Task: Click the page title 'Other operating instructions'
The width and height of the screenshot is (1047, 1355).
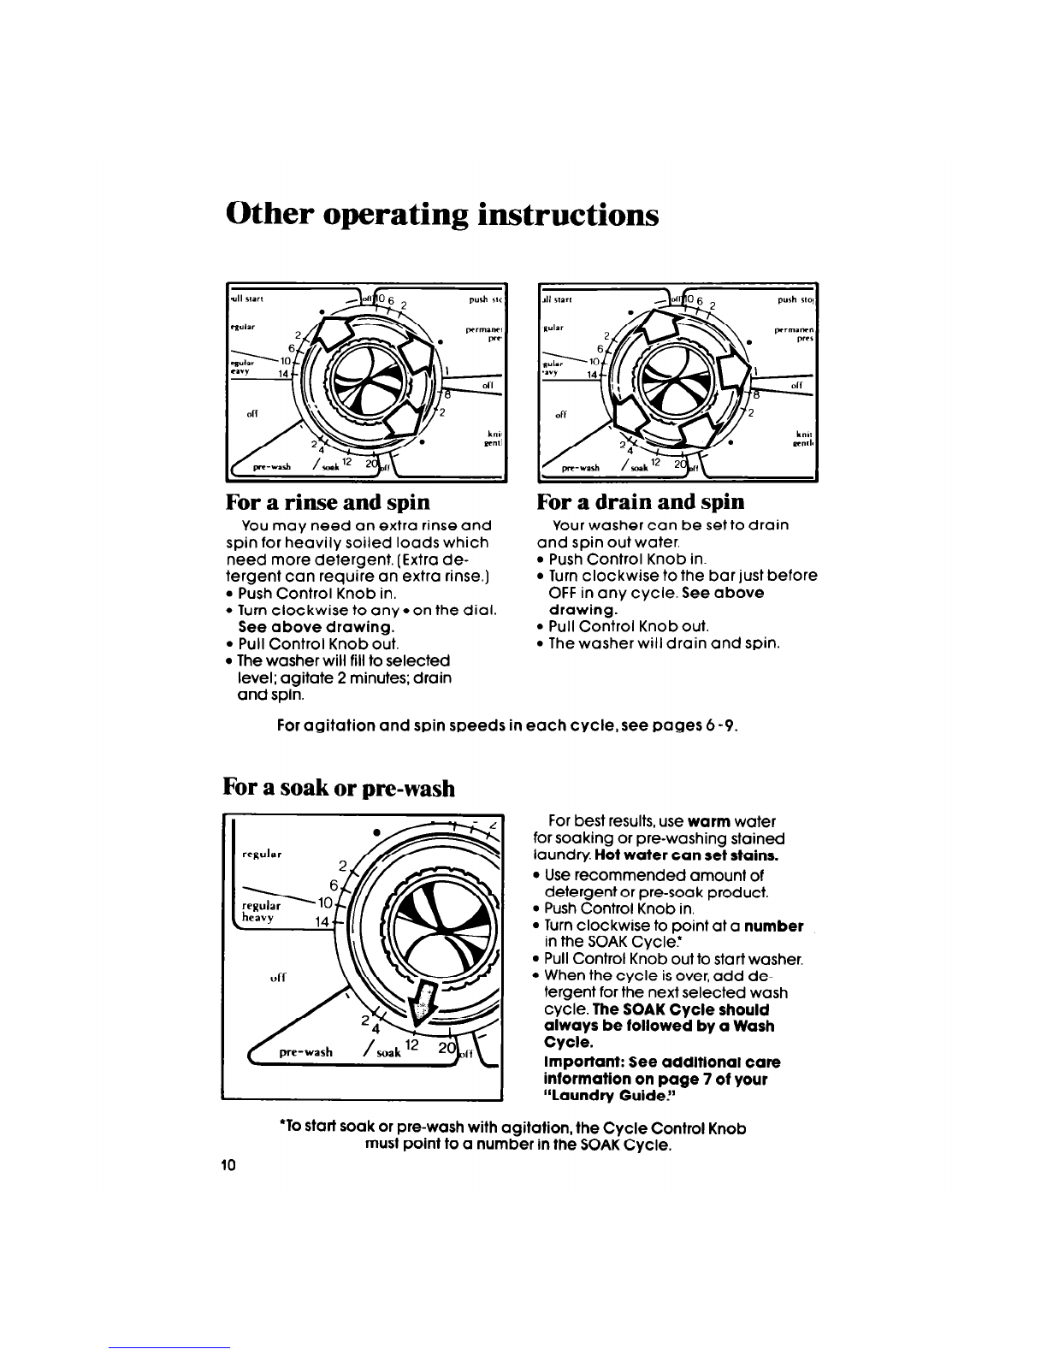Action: pyautogui.click(x=442, y=214)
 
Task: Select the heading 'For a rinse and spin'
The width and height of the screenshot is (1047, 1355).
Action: pyautogui.click(x=328, y=500)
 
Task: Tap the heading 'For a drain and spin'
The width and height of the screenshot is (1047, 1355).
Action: pyautogui.click(x=640, y=500)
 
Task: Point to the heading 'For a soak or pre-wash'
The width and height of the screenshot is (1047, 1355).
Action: pyautogui.click(x=339, y=786)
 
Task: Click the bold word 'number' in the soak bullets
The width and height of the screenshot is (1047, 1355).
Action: pyautogui.click(x=773, y=926)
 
